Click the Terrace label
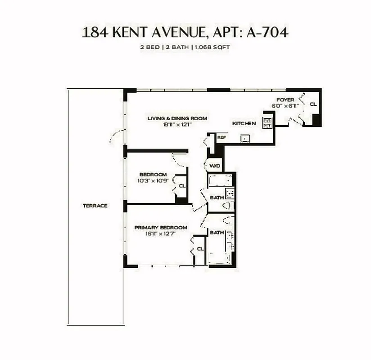click(95, 206)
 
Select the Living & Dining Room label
click(177, 118)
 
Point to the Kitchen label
click(244, 123)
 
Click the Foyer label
click(285, 99)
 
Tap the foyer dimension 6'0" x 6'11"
click(285, 106)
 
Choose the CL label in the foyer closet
click(313, 104)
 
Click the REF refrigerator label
click(221, 137)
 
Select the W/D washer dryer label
click(215, 166)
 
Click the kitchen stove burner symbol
click(268, 123)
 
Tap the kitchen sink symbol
click(245, 139)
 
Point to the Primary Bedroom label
click(161, 228)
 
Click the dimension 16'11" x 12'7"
click(161, 234)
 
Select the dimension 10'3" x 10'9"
click(153, 181)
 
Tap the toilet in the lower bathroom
click(228, 220)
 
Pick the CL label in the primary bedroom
click(200, 248)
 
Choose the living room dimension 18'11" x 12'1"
click(177, 125)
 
